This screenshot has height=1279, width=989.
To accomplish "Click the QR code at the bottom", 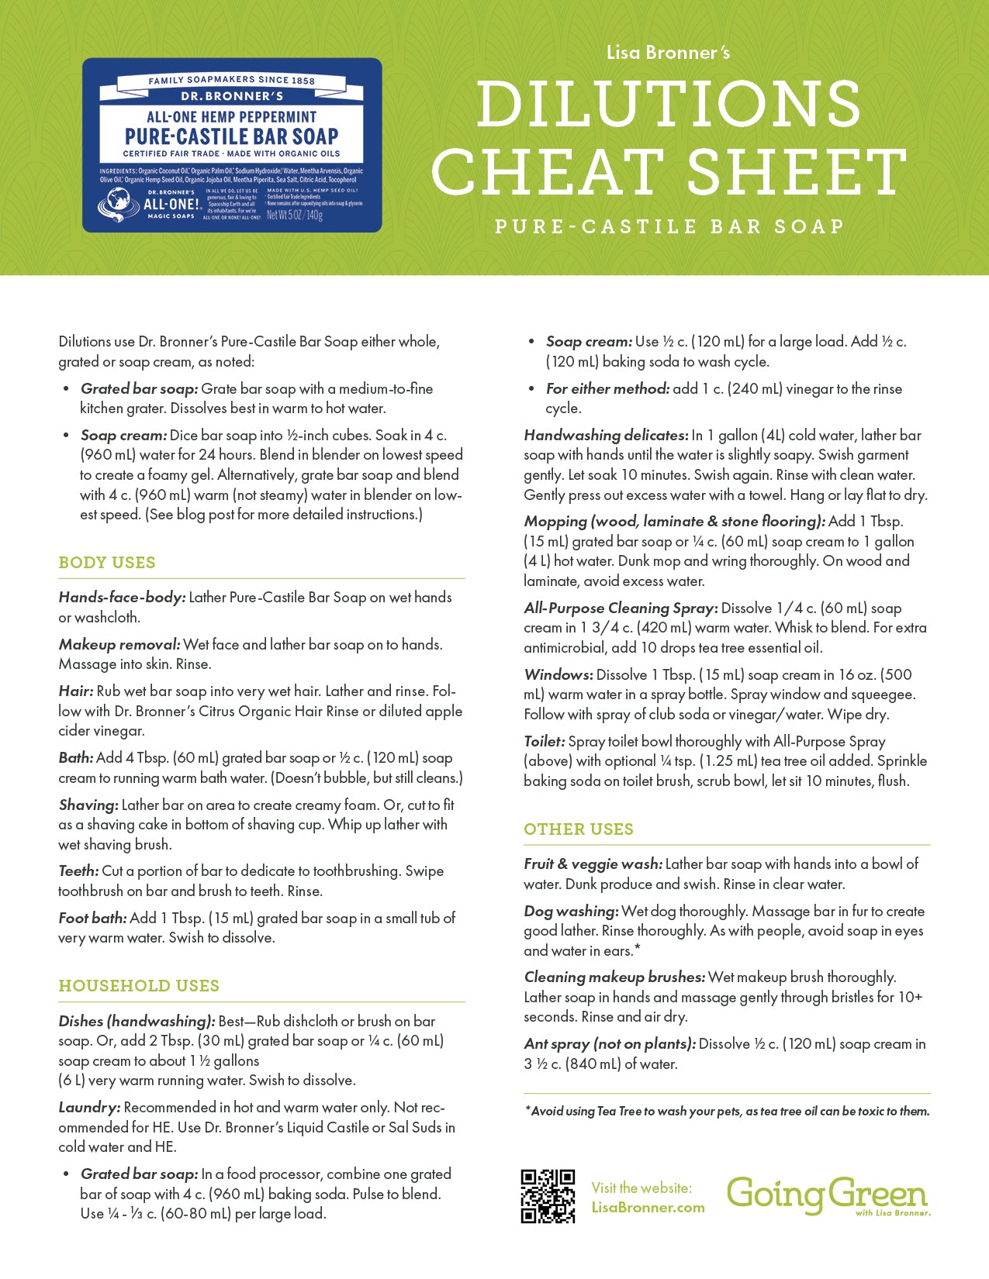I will click(548, 1196).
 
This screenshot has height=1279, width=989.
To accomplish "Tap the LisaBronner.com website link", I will click(648, 1207).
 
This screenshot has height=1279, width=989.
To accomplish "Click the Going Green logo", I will click(828, 1195).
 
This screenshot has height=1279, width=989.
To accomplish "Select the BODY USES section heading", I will click(107, 563).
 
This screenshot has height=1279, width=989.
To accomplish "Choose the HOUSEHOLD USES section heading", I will click(139, 986).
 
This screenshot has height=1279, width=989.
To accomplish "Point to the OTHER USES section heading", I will click(579, 829).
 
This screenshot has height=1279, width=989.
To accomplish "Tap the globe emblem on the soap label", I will click(118, 204).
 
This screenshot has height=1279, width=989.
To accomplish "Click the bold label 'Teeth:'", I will click(78, 871).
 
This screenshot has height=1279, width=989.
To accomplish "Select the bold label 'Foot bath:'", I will click(92, 919).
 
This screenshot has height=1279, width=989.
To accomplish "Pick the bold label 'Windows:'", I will click(558, 675).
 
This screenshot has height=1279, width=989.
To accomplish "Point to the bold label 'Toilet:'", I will click(545, 742).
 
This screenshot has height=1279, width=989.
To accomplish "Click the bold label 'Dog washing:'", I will click(571, 912).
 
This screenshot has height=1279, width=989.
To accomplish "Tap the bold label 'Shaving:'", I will click(88, 805).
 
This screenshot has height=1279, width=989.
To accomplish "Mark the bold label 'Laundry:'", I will click(89, 1108).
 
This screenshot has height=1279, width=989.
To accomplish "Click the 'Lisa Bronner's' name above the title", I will click(668, 53).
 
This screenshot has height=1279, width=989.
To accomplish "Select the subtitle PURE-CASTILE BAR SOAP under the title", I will click(669, 226).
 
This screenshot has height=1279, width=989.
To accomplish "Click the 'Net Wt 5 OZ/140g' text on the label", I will click(294, 215).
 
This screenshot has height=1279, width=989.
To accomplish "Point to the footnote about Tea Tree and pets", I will click(727, 1112).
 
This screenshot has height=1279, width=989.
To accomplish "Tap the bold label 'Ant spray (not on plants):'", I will click(610, 1044).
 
